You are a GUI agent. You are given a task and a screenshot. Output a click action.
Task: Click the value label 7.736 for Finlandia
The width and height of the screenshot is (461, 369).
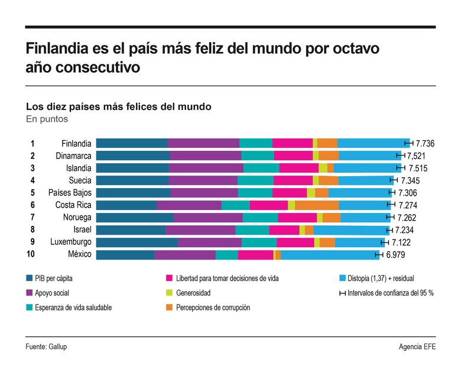[425, 144]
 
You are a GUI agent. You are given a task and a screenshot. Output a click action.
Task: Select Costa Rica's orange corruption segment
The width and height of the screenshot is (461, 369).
[317, 205]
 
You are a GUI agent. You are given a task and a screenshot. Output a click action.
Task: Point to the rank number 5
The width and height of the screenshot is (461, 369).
[33, 193]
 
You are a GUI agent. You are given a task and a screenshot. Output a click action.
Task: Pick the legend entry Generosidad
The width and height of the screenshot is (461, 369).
[193, 293]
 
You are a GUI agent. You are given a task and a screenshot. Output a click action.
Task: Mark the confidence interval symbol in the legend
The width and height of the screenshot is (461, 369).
[342, 293]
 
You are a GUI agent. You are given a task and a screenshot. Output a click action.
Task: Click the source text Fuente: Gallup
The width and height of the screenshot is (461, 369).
[46, 347]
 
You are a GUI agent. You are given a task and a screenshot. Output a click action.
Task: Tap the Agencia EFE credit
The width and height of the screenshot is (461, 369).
[417, 347]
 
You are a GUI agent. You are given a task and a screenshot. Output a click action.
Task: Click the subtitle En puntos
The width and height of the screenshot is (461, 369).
[47, 119]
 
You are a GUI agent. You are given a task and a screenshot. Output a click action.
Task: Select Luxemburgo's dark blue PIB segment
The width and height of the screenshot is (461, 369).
[137, 242]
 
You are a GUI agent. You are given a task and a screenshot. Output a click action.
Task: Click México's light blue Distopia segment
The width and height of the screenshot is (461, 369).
[329, 255]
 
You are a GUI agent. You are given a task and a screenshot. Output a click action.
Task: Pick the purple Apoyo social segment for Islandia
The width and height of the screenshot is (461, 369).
[206, 168]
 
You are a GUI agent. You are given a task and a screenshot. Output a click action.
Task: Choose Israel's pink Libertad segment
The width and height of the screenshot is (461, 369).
[284, 230]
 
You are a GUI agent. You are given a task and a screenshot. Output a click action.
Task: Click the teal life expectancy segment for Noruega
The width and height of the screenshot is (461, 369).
[260, 218]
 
